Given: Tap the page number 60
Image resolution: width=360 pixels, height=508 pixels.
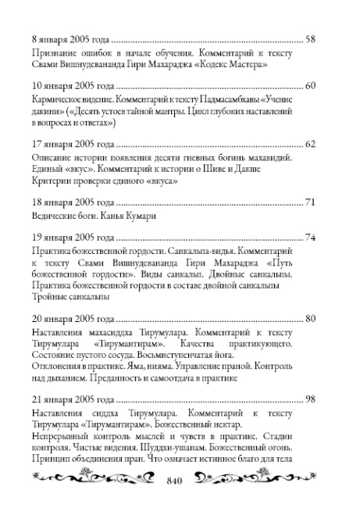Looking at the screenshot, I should [x=310, y=85].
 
